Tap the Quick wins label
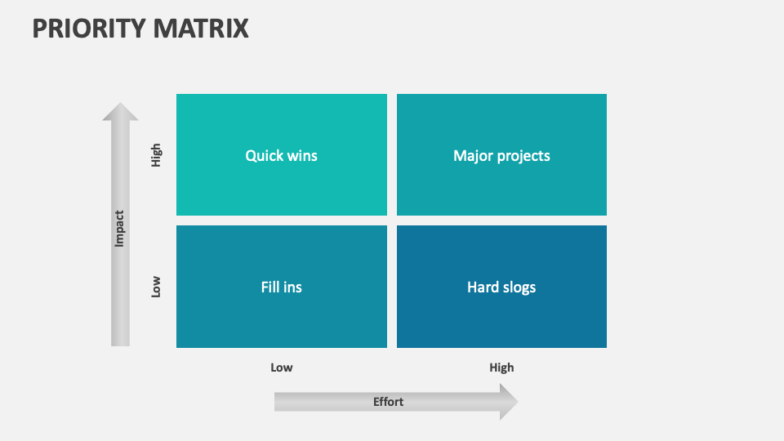pyautogui.click(x=281, y=155)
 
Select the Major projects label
pyautogui.click(x=501, y=155)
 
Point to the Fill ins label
pyautogui.click(x=281, y=287)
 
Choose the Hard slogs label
pyautogui.click(x=501, y=287)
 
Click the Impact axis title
pyautogui.click(x=119, y=229)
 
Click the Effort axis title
pyautogui.click(x=388, y=402)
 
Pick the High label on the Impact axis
pyautogui.click(x=156, y=155)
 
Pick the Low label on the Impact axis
pyautogui.click(x=156, y=287)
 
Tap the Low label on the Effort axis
pyautogui.click(x=281, y=367)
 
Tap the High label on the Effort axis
pyautogui.click(x=501, y=367)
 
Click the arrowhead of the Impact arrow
pyautogui.click(x=120, y=112)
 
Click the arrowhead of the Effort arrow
pyautogui.click(x=508, y=402)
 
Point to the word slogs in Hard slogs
pyautogui.click(x=518, y=287)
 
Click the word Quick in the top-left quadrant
pyautogui.click(x=263, y=155)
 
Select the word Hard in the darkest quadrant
pyautogui.click(x=482, y=287)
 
